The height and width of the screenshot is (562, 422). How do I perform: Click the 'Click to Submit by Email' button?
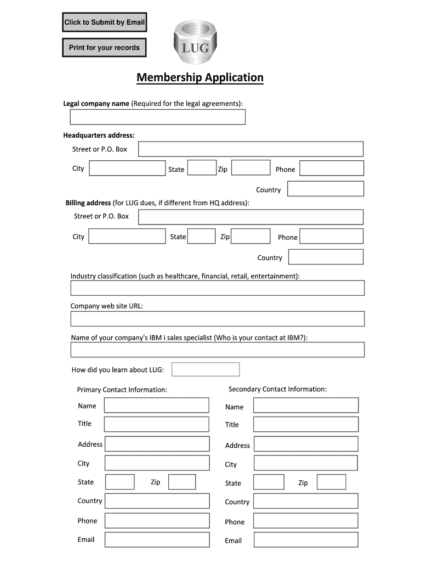click(x=104, y=23)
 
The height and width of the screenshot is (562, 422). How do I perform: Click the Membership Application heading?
click(x=200, y=77)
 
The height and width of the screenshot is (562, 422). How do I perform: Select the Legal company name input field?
click(x=157, y=117)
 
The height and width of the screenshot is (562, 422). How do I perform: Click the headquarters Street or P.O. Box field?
click(x=250, y=149)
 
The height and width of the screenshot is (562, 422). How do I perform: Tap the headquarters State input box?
click(x=202, y=168)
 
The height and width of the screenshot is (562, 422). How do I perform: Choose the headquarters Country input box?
click(x=326, y=189)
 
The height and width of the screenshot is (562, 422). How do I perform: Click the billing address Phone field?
click(x=332, y=237)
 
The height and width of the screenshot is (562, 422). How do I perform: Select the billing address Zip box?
click(x=251, y=237)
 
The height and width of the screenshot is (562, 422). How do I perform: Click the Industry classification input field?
click(x=217, y=288)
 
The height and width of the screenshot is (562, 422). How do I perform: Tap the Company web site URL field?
click(x=217, y=319)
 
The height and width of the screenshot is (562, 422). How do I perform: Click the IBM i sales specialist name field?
click(x=217, y=350)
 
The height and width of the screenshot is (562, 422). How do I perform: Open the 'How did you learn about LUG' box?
click(x=206, y=369)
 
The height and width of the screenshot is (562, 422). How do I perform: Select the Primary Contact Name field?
click(x=157, y=406)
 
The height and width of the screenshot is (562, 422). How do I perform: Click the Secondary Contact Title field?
click(x=306, y=424)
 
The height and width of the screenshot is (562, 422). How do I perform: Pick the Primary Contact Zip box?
click(x=182, y=482)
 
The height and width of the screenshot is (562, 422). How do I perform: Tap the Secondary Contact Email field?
click(x=306, y=540)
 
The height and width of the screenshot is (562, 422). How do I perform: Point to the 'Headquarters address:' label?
click(x=99, y=135)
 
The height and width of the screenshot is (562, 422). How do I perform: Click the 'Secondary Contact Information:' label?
click(x=277, y=389)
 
